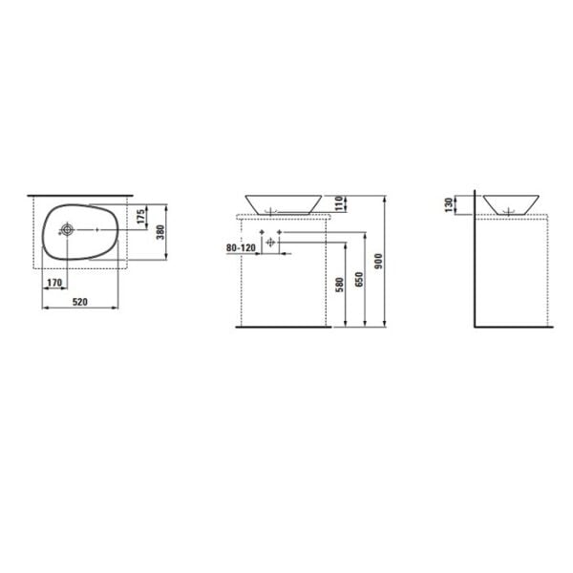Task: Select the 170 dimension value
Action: (x=55, y=282)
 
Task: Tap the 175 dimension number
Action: (x=140, y=217)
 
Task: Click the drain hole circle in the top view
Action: (x=68, y=230)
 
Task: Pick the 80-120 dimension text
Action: (x=241, y=248)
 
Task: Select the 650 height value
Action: (x=360, y=280)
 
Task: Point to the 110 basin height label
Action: (x=339, y=203)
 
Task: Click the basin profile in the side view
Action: (x=511, y=203)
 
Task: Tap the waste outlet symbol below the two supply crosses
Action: (x=270, y=244)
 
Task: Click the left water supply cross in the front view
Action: (x=263, y=232)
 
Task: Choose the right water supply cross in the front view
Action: (x=278, y=232)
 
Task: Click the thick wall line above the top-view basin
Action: (x=80, y=194)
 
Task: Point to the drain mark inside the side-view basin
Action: (x=511, y=208)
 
